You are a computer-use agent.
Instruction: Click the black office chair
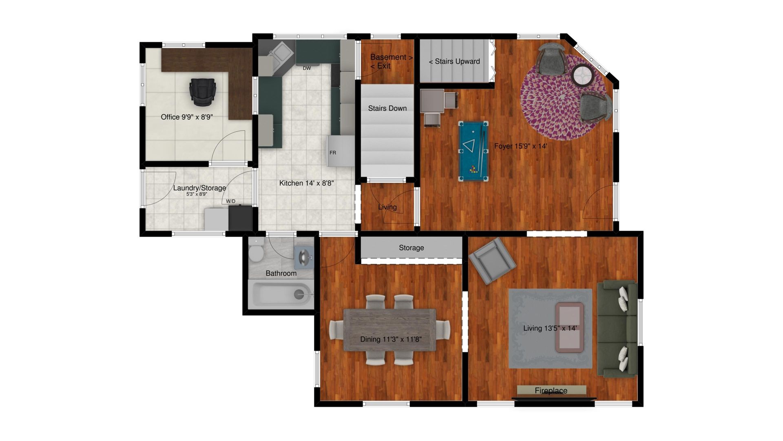203,91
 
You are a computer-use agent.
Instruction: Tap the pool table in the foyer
473,151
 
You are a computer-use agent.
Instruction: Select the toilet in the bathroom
257,250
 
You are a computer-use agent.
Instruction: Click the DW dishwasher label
307,68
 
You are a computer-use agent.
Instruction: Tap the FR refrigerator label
333,153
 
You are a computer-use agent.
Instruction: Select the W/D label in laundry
231,201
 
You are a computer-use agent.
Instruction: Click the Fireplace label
551,391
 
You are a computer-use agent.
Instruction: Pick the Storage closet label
411,248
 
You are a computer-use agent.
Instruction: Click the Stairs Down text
387,108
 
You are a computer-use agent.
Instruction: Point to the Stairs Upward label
454,61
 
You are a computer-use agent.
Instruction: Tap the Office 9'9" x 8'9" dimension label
187,117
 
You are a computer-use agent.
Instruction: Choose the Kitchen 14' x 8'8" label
306,183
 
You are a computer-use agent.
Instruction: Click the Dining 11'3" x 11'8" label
391,339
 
